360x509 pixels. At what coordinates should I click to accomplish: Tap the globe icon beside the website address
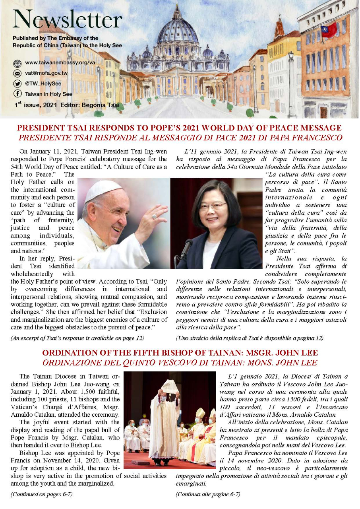pos(17,63)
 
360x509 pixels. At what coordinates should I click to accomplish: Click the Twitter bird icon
pos(17,84)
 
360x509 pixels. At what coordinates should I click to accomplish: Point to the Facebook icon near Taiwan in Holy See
pos(17,94)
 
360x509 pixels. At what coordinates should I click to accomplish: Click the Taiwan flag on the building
pos(329,30)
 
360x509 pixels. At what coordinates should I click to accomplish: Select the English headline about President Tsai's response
pos(179,128)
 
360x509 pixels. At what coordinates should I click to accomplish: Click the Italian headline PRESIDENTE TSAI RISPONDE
pos(179,138)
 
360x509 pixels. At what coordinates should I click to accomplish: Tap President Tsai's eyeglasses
pos(213,206)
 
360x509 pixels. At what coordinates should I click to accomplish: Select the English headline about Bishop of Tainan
pos(179,353)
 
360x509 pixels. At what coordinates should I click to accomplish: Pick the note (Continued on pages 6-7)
pos(42,494)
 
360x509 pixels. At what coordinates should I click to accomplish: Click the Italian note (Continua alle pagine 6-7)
pos(208,494)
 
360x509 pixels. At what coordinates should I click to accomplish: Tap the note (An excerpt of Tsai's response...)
pos(77,338)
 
